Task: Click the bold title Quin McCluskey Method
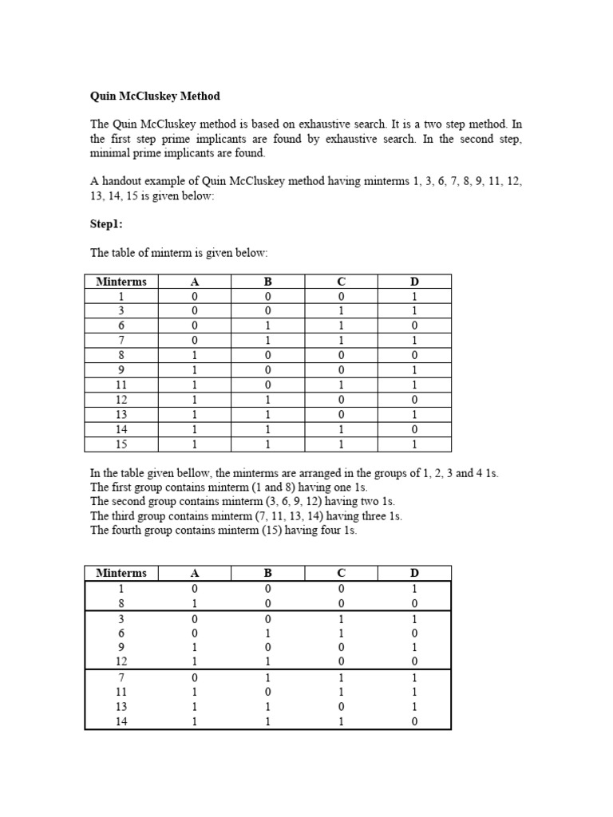pos(155,96)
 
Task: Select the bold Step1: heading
pos(106,224)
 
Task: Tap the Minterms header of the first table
pos(121,282)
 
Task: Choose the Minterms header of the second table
pos(121,573)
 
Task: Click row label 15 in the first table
pos(121,444)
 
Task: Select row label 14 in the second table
pos(121,721)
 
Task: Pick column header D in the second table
pos(414,573)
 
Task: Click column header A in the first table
pos(194,282)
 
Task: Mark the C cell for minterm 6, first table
pos(341,326)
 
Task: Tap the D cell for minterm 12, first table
pos(414,400)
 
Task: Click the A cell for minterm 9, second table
pos(194,647)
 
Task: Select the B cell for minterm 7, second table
pos(267,677)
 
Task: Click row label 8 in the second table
pos(121,603)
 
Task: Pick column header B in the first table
pos(267,282)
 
